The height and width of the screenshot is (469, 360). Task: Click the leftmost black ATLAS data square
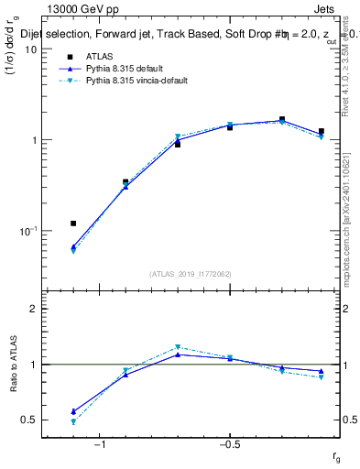pos(73,224)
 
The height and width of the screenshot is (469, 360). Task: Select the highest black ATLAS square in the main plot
pos(282,119)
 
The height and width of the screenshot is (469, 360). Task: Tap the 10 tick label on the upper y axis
pos(30,49)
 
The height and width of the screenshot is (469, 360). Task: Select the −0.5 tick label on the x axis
pos(229,445)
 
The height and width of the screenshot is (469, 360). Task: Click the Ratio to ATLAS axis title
pos(13,365)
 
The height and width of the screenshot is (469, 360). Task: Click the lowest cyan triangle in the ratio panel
pos(73,422)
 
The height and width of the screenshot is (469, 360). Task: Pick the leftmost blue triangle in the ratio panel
pos(73,411)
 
